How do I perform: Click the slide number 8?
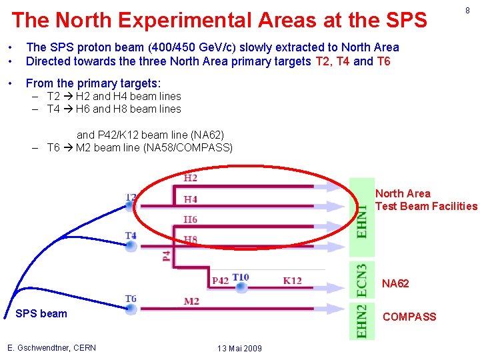click(x=467, y=11)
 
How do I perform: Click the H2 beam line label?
click(x=191, y=178)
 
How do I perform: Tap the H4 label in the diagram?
click(x=191, y=199)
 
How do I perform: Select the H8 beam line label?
click(x=191, y=239)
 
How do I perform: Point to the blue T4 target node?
click(x=131, y=246)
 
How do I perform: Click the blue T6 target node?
click(x=131, y=309)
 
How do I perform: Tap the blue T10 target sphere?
click(x=241, y=287)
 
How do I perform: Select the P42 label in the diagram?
click(x=220, y=281)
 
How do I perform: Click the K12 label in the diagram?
click(x=292, y=281)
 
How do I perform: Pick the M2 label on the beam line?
click(x=191, y=301)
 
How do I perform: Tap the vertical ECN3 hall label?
click(x=362, y=279)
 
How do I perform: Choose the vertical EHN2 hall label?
click(x=362, y=321)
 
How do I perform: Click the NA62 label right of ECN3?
click(x=395, y=284)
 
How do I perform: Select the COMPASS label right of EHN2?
click(x=409, y=317)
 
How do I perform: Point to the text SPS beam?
click(x=41, y=314)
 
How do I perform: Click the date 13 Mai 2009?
click(x=239, y=349)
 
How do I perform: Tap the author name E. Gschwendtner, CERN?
click(x=51, y=347)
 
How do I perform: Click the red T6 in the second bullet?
click(x=383, y=62)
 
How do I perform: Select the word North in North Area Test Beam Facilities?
click(x=389, y=193)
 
